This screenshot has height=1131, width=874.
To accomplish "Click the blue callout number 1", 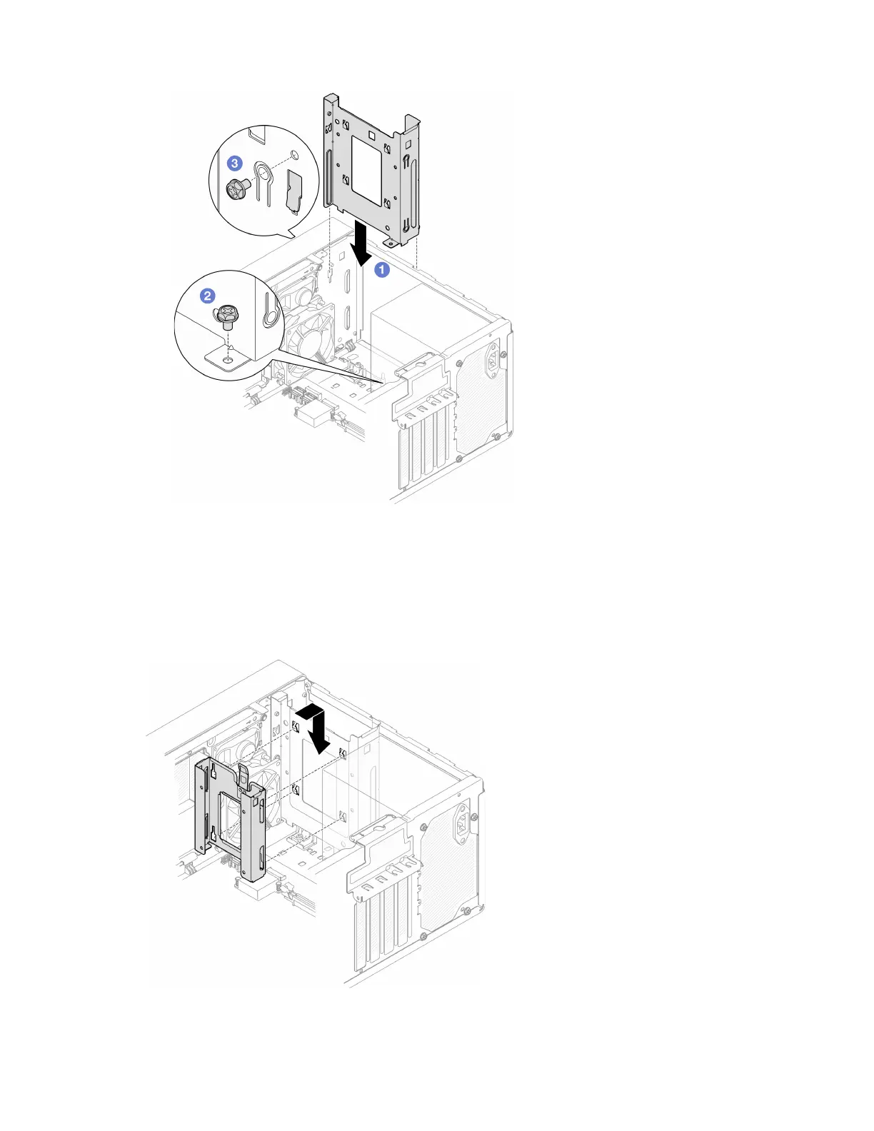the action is click(382, 269).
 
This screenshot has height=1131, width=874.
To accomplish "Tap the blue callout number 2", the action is click(207, 296).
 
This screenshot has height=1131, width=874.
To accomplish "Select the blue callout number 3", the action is click(234, 164).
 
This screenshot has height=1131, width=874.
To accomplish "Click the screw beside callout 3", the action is click(236, 188).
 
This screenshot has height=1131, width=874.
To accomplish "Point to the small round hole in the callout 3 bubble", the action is click(294, 155).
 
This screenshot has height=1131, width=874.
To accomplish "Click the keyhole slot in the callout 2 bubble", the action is click(269, 311).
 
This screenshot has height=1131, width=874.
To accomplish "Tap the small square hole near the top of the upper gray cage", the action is click(372, 133).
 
